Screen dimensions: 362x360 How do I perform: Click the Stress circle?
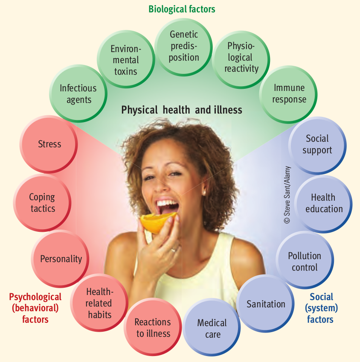point(49,144)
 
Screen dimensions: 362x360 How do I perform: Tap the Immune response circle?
point(289,93)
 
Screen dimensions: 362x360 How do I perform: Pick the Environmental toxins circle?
point(125,60)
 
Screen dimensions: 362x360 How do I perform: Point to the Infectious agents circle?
point(78,94)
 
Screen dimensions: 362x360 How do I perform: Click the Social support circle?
point(317,144)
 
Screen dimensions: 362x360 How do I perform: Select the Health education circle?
point(323,203)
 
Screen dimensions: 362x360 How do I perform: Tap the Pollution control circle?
point(304,261)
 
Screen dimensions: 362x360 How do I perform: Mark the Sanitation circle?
point(266,304)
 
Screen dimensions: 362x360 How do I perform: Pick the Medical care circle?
point(212,328)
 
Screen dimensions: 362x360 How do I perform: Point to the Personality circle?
point(61,259)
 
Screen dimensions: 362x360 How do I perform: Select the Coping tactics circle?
point(42,202)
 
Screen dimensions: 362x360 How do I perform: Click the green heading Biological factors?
point(182,9)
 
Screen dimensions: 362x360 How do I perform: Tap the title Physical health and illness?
point(182,110)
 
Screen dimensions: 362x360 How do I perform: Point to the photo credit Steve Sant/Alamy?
point(286,195)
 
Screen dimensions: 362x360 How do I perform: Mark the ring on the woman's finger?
point(173,250)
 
